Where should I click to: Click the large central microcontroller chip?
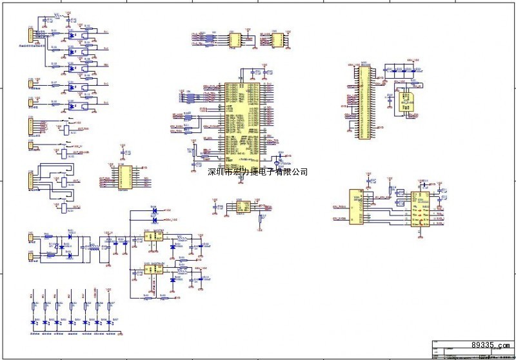(242, 121)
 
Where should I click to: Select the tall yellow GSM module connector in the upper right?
(364, 99)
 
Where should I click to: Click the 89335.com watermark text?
(491, 345)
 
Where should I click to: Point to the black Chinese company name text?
(257, 172)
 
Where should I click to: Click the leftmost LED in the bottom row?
(34, 321)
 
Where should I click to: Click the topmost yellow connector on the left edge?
(29, 35)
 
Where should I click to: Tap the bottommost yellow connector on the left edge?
(30, 257)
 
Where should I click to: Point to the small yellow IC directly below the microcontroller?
(243, 206)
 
